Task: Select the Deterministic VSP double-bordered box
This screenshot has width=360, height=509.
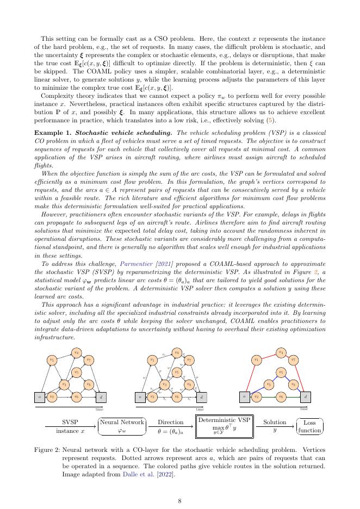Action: (224, 425)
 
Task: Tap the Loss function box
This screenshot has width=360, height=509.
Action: (309, 426)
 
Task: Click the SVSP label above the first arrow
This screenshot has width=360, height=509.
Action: (71, 421)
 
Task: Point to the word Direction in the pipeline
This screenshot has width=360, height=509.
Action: (170, 421)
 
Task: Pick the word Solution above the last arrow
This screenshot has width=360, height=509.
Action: (274, 421)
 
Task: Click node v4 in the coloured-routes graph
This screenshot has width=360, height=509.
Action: (281, 352)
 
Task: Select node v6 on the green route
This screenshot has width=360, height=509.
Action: (281, 397)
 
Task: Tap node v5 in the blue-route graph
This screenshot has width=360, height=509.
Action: (281, 372)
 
